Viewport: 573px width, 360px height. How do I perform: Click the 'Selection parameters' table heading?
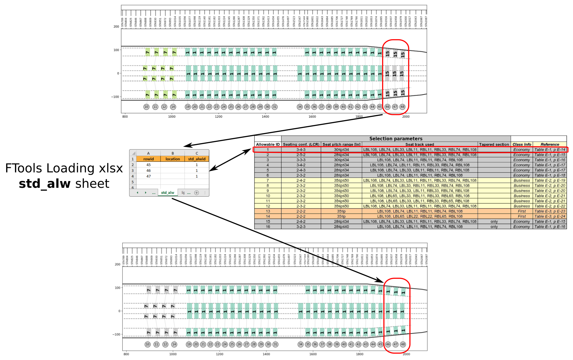point(396,138)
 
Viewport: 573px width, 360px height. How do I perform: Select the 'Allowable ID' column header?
point(268,144)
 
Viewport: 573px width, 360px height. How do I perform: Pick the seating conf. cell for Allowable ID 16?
point(301,227)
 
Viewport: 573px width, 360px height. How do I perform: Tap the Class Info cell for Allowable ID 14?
point(522,216)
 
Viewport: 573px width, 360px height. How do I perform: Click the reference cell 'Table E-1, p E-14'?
point(550,150)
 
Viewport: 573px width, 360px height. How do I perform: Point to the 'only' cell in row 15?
point(494,222)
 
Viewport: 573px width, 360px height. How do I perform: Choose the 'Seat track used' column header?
point(419,144)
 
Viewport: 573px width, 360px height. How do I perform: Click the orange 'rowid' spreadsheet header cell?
point(148,159)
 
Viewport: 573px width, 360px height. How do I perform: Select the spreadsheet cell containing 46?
point(148,170)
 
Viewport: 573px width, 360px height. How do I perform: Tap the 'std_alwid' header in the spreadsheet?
point(197,159)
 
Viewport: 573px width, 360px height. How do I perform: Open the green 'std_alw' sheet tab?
point(168,193)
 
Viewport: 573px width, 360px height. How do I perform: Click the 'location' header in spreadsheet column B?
point(173,159)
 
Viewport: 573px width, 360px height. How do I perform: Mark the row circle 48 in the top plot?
point(402,107)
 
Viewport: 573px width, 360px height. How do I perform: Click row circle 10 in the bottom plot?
point(148,344)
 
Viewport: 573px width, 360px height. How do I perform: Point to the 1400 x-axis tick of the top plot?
point(265,116)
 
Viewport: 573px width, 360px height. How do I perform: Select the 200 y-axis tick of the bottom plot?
point(117,264)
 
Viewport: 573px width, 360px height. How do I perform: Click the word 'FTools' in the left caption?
point(24,168)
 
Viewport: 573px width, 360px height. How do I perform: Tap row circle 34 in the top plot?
point(300,107)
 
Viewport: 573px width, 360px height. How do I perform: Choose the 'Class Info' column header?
point(522,144)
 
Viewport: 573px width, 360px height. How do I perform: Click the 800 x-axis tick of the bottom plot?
point(126,354)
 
